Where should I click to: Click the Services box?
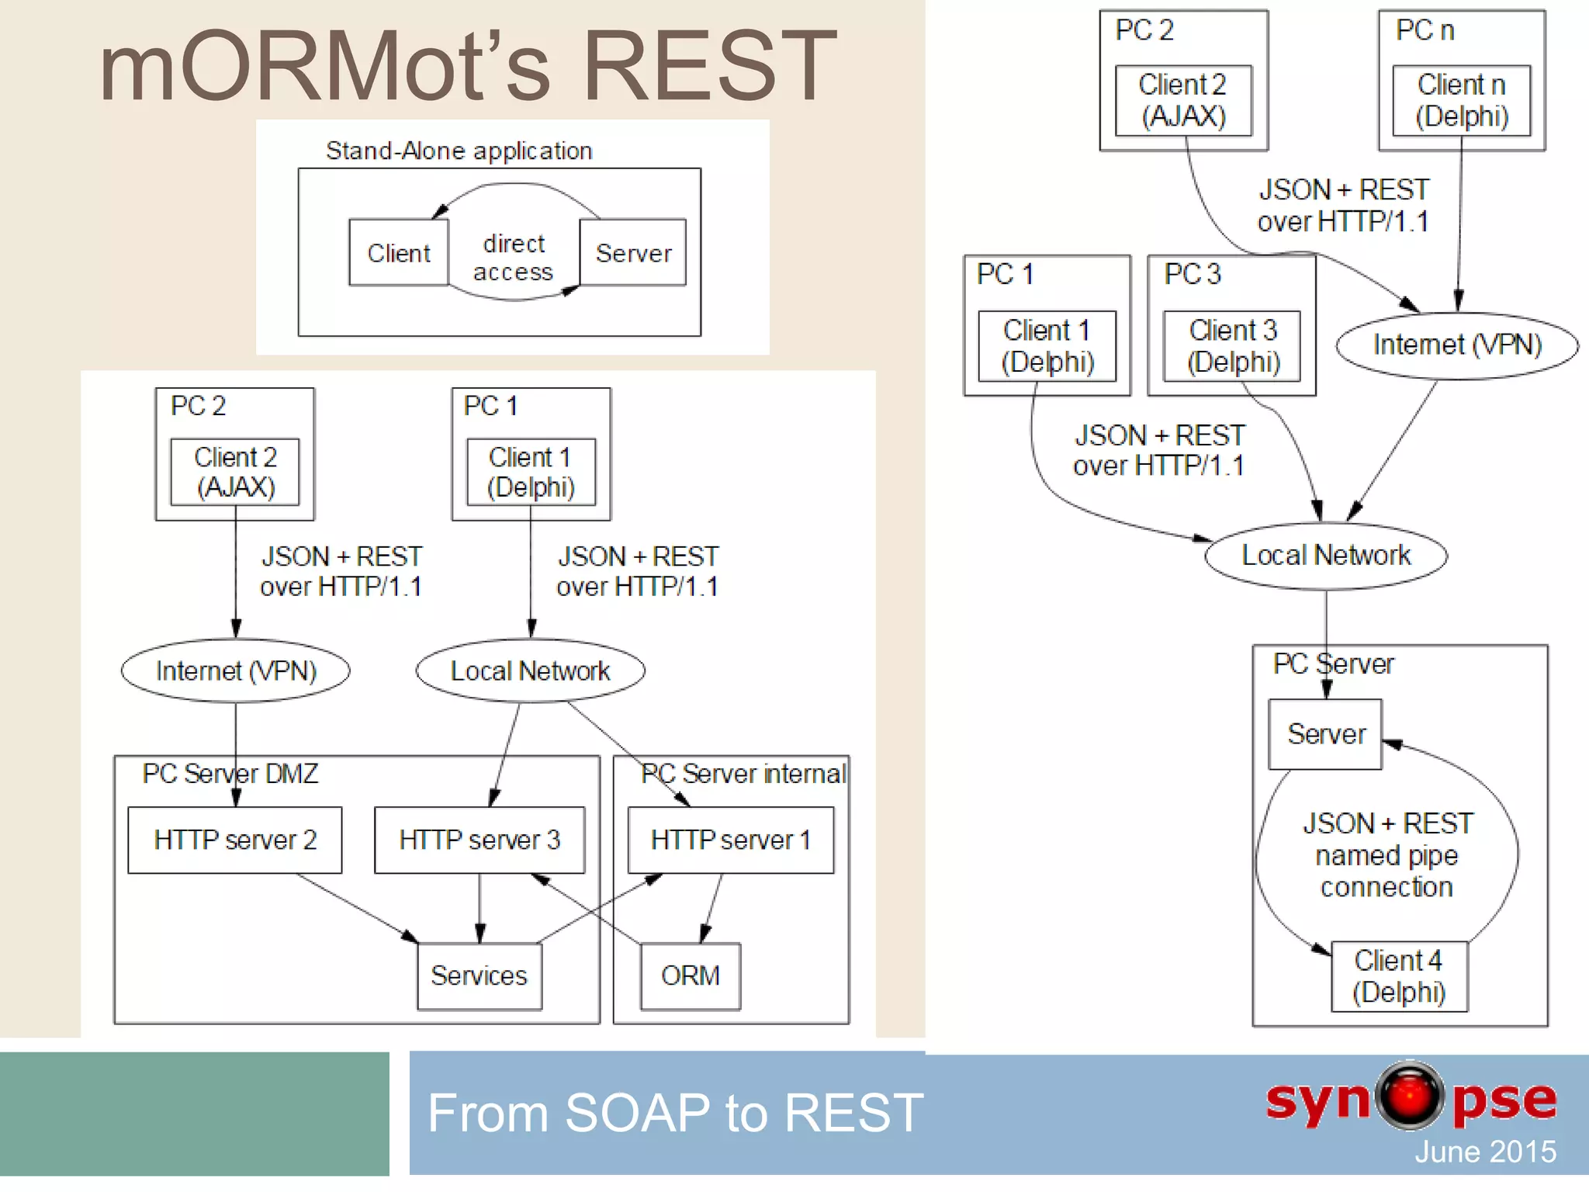(x=479, y=975)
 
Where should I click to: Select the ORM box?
(x=690, y=975)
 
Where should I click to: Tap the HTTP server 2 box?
(x=234, y=840)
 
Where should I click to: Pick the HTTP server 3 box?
(x=479, y=840)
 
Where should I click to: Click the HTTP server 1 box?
(x=730, y=840)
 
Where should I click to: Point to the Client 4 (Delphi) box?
(x=1399, y=976)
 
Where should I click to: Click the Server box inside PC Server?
(x=1325, y=734)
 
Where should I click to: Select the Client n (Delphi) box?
(x=1461, y=100)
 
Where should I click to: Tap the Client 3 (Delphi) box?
(x=1232, y=346)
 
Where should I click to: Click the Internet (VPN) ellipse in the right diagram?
(x=1457, y=345)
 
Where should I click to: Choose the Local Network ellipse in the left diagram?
(x=530, y=670)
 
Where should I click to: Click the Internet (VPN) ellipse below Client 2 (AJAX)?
(x=236, y=670)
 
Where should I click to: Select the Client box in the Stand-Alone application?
(x=398, y=253)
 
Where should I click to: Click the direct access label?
(x=513, y=258)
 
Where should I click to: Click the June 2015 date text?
(x=1484, y=1152)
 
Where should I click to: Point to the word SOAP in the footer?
(x=637, y=1113)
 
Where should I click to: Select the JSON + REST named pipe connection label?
(x=1386, y=854)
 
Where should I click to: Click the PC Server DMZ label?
(x=230, y=774)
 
